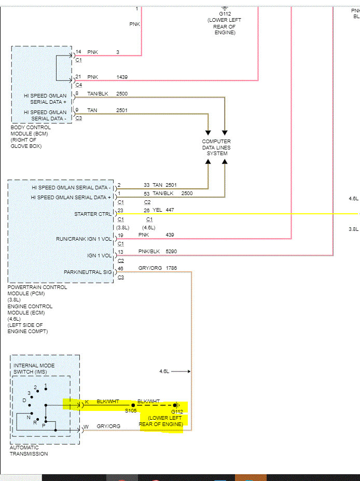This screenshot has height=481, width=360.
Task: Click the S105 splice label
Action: (x=131, y=411)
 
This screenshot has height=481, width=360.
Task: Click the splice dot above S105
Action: (x=133, y=405)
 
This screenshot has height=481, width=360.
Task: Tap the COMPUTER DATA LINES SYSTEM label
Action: (x=216, y=147)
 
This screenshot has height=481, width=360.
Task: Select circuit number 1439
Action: (x=122, y=77)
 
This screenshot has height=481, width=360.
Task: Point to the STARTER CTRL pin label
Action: (x=93, y=214)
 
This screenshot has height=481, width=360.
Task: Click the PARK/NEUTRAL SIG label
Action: (x=88, y=272)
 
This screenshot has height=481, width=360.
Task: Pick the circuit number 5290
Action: (x=171, y=252)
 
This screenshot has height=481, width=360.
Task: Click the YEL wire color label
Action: (x=157, y=210)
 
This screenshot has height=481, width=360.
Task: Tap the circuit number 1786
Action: (x=171, y=268)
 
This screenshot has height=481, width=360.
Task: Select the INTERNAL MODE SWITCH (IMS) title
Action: (x=34, y=369)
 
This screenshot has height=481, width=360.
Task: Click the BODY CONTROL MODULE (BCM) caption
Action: (x=31, y=130)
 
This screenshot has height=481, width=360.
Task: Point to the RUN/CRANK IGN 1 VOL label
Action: (x=84, y=239)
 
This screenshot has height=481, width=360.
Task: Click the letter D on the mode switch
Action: (x=24, y=401)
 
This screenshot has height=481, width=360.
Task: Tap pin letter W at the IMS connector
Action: (x=86, y=427)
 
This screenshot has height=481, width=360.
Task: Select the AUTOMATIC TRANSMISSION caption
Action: (x=29, y=450)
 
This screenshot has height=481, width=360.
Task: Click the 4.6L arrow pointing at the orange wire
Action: (x=181, y=372)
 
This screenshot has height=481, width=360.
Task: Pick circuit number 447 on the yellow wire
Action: (x=170, y=210)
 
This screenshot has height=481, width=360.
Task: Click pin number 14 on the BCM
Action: (x=78, y=52)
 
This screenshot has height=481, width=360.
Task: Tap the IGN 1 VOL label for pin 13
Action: (x=100, y=255)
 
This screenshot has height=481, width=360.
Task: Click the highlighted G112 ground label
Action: (x=177, y=411)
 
